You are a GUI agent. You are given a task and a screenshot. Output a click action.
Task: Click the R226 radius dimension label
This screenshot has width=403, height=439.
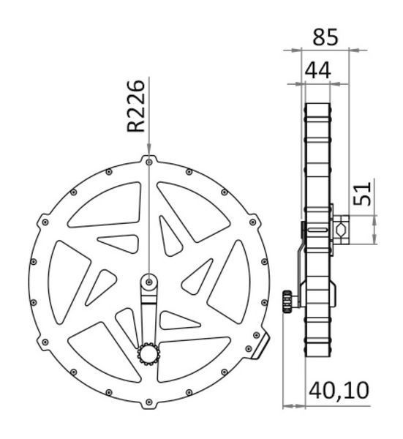(x=136, y=106)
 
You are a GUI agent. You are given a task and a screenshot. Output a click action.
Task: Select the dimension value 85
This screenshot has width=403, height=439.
(x=325, y=37)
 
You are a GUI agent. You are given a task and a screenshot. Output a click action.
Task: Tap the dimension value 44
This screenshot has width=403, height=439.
(x=317, y=70)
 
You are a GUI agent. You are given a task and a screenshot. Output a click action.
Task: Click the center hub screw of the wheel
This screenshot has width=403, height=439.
(x=149, y=282)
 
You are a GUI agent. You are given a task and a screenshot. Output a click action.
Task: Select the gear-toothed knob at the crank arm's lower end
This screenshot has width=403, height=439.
(x=148, y=354)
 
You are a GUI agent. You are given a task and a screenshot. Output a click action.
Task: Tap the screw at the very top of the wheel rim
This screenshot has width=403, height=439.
(x=149, y=162)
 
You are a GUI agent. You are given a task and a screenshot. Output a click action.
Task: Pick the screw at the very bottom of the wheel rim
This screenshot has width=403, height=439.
(x=149, y=402)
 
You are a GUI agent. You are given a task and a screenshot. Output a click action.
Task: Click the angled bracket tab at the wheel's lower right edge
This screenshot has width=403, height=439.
(x=261, y=347)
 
